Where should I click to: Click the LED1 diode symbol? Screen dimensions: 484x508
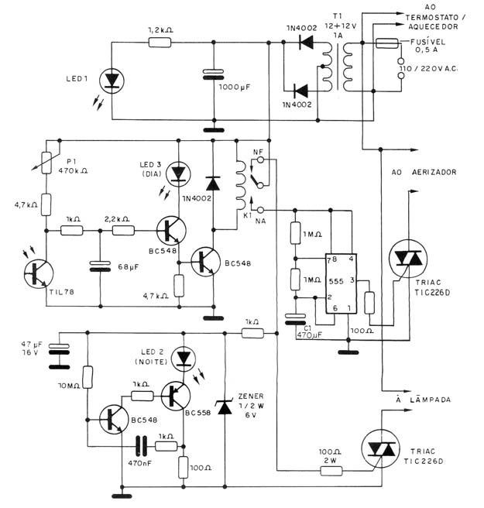[x=112, y=81]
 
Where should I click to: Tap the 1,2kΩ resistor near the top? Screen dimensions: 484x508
[x=160, y=43]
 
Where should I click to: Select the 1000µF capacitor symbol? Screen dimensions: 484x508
[x=213, y=74]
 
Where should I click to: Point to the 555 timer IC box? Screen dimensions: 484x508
[x=342, y=283]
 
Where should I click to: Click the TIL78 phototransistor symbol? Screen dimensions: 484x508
[x=39, y=274]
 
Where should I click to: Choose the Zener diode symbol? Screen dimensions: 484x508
[x=225, y=407]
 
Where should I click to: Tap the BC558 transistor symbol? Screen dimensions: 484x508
[x=176, y=396]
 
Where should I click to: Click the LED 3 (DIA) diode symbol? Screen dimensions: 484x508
[x=178, y=174]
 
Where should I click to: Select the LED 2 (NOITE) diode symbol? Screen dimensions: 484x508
[x=184, y=359]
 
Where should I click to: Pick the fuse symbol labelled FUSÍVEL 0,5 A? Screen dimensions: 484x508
[x=386, y=43]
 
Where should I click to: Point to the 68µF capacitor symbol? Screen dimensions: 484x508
[x=100, y=266]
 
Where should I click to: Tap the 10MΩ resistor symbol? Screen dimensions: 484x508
[x=88, y=377]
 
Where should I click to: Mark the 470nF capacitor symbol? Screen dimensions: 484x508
[x=141, y=446]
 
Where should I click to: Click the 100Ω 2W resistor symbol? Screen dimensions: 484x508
[x=331, y=471]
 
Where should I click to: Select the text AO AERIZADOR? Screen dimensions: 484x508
[x=424, y=172]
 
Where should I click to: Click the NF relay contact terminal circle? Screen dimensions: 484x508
[x=260, y=159]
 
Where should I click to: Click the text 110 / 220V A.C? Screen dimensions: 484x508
[x=428, y=69]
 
